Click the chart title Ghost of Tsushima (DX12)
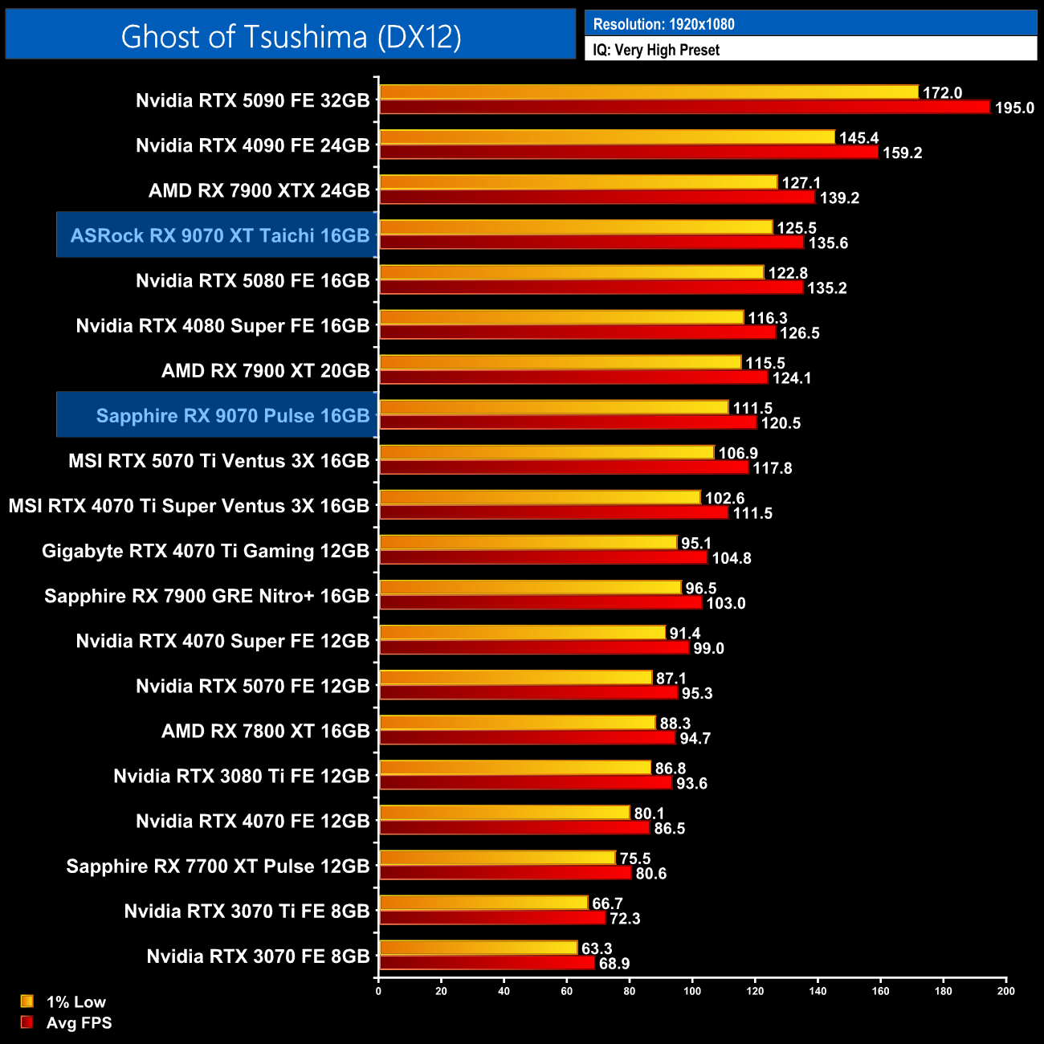tap(291, 36)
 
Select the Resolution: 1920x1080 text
tap(663, 24)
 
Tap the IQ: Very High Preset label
tap(656, 50)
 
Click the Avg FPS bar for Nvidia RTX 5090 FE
tap(684, 107)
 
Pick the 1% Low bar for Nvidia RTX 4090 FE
tap(606, 137)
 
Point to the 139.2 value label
tap(839, 198)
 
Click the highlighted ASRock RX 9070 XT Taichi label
tap(219, 235)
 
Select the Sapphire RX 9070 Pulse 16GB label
tap(232, 415)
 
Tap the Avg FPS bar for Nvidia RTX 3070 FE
tap(487, 963)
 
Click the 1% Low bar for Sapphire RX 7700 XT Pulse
tap(497, 858)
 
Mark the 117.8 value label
tap(772, 468)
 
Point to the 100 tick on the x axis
tap(691, 991)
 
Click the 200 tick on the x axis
tap(1005, 991)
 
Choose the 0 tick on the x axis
tap(378, 991)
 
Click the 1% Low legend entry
tap(64, 1001)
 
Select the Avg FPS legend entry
tap(67, 1022)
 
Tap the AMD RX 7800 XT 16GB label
tap(265, 731)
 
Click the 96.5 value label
tap(700, 589)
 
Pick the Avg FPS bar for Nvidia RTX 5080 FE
tap(590, 287)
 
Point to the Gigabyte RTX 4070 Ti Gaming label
tap(206, 551)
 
